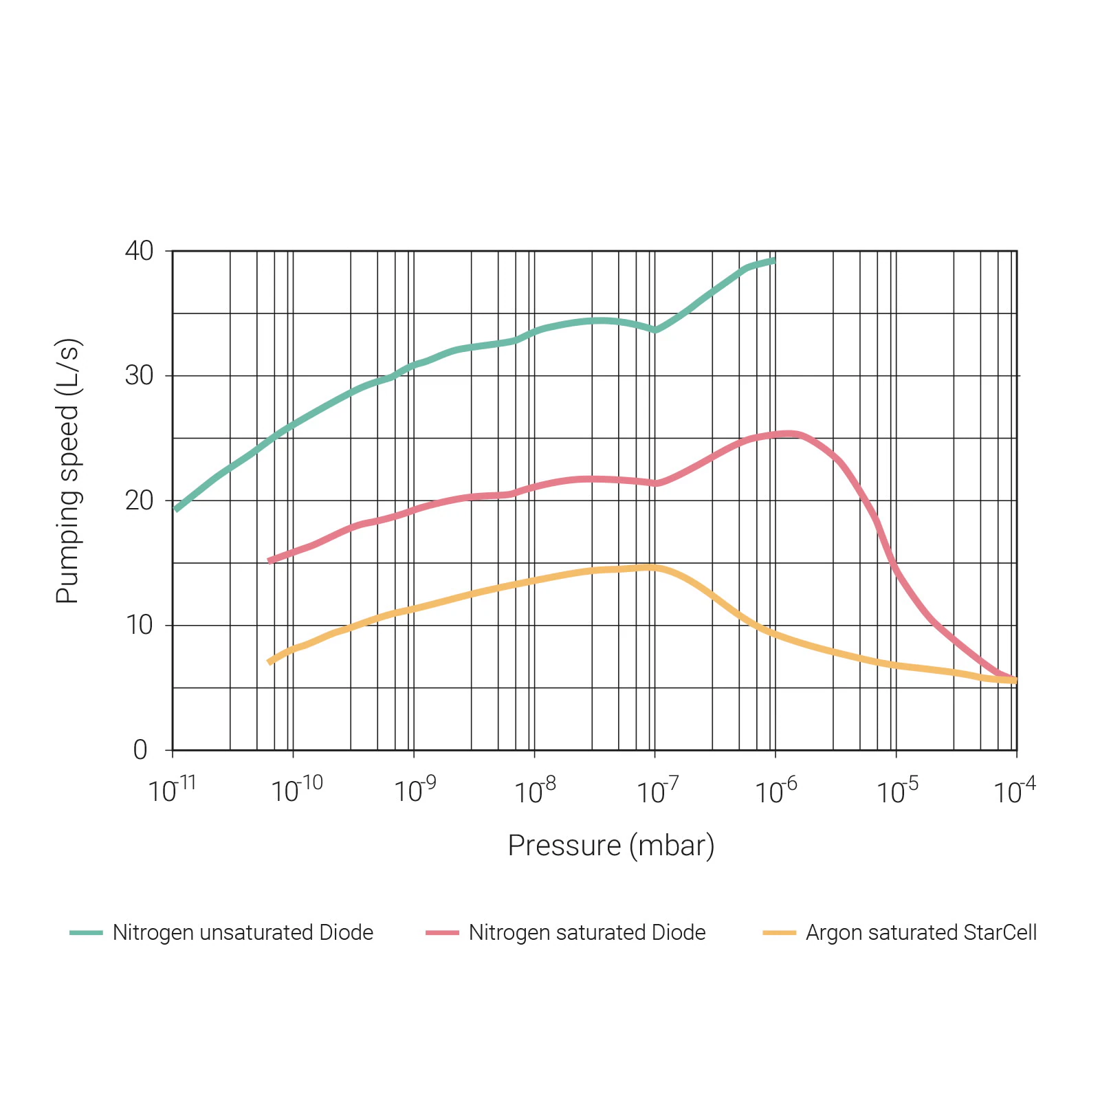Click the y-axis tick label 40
(x=139, y=251)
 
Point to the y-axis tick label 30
(x=139, y=376)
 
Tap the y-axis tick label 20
(x=139, y=500)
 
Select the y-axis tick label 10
(x=139, y=625)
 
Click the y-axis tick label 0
(x=140, y=750)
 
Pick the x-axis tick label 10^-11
(x=172, y=791)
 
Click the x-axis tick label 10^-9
(x=414, y=791)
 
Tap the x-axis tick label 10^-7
(x=657, y=791)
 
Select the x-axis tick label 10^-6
(x=776, y=791)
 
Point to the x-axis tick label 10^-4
(x=1015, y=791)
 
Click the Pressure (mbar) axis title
(x=611, y=846)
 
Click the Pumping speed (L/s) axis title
(x=68, y=472)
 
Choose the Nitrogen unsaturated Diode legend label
(x=243, y=933)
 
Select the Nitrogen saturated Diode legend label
(x=587, y=933)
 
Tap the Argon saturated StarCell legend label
(x=921, y=933)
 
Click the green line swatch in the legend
(x=86, y=933)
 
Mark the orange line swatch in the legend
(x=780, y=933)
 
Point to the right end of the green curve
(x=775, y=261)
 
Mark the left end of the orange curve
(x=269, y=662)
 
